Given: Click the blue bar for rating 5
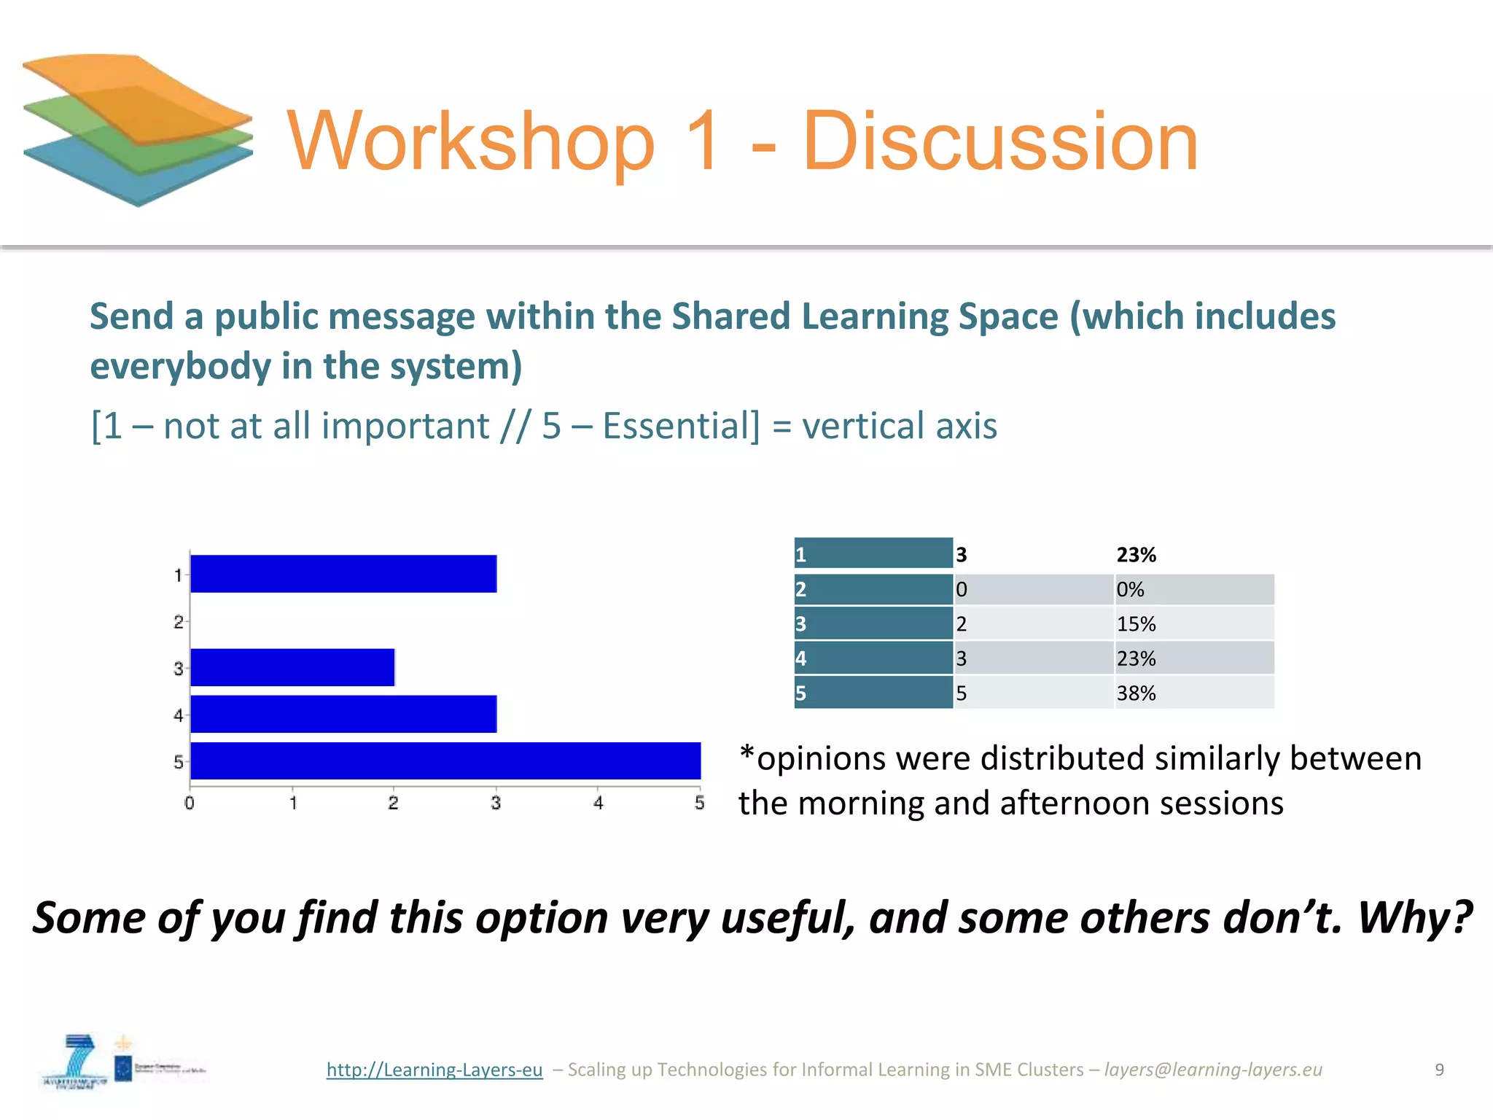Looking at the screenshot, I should (x=445, y=761).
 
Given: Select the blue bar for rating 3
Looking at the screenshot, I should (x=292, y=667).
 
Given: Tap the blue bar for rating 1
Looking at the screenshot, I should (x=343, y=574).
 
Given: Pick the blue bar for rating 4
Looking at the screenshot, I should (x=343, y=714).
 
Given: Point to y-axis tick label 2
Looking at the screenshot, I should (x=178, y=622).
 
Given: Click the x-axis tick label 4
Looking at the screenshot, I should (x=598, y=803).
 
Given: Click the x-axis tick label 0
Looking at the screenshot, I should (x=190, y=803).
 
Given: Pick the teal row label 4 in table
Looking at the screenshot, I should (x=873, y=658).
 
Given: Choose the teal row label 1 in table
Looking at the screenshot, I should (x=873, y=554).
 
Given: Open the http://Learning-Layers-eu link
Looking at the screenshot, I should (x=434, y=1070).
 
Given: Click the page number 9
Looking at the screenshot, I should (x=1439, y=1070).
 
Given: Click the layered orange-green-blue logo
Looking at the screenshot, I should (x=138, y=129).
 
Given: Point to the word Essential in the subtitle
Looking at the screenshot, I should (x=680, y=426).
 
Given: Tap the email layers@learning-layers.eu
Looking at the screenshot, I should (x=1213, y=1070).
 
